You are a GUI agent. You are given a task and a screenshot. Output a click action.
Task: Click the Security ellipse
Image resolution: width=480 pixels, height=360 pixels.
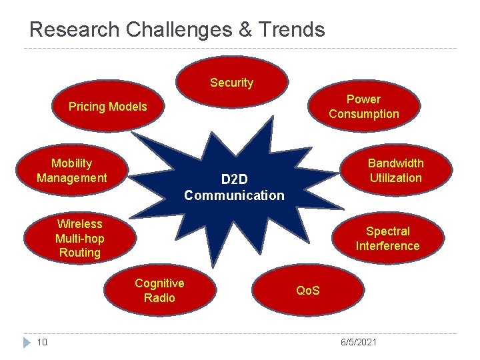232,83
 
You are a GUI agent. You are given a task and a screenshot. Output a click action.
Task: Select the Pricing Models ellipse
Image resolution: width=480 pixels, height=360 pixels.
108,107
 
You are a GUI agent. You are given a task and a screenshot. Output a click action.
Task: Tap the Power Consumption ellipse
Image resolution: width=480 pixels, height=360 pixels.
363,107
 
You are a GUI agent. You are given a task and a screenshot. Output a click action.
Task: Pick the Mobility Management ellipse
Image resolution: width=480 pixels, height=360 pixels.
72,171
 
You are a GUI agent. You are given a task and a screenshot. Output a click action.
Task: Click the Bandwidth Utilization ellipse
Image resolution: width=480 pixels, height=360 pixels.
395,171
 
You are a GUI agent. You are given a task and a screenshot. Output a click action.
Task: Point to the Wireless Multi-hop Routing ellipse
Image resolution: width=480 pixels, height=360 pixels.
79,238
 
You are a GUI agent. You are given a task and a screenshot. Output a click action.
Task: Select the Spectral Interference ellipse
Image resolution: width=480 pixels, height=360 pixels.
387,239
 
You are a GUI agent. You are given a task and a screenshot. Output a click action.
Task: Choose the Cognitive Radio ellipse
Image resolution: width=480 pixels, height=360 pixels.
159,291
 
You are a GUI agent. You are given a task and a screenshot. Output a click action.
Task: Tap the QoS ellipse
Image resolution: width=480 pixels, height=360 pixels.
308,291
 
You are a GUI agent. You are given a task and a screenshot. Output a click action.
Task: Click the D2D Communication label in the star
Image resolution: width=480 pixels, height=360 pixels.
234,187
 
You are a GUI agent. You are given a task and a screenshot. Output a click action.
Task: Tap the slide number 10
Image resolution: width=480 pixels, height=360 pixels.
41,342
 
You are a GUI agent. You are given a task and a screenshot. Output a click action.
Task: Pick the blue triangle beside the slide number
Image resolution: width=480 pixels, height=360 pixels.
27,342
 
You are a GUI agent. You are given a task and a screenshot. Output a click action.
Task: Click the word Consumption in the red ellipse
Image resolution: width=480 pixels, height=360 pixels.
363,114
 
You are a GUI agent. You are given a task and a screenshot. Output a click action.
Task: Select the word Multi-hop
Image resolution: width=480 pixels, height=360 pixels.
79,238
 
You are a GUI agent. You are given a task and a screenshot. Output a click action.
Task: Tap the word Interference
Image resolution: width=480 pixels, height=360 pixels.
387,246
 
